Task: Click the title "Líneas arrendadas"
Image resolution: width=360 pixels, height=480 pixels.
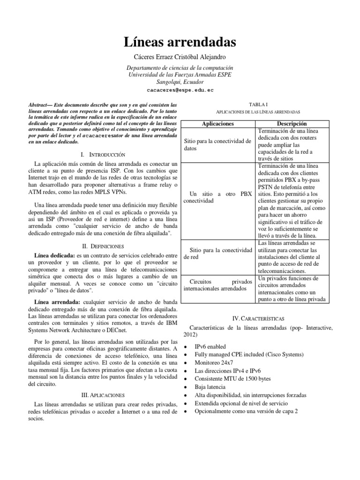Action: (180, 43)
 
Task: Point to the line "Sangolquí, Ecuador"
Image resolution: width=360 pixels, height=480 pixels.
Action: (180, 81)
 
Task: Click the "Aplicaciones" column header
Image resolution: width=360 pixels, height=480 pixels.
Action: (217, 123)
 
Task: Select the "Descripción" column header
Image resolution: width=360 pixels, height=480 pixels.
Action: (294, 123)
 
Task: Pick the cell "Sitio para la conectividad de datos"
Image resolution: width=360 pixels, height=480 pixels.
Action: (218, 144)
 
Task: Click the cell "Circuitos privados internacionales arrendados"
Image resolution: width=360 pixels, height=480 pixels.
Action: (218, 285)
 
